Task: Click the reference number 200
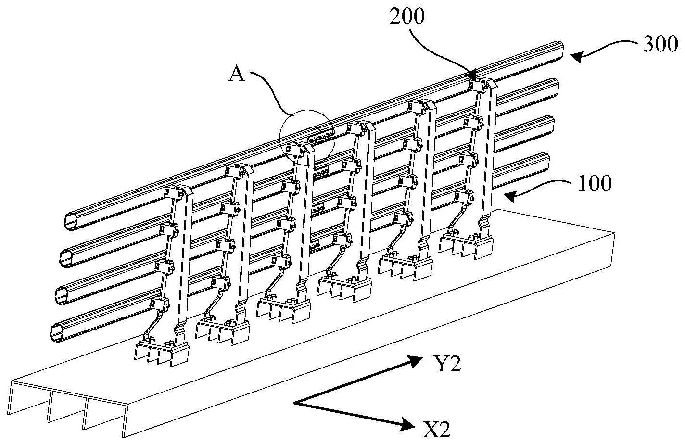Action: tap(407, 16)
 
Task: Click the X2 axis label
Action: tap(437, 428)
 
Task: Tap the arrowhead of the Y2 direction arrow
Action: tap(414, 361)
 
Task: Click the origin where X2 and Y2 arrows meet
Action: tap(294, 402)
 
